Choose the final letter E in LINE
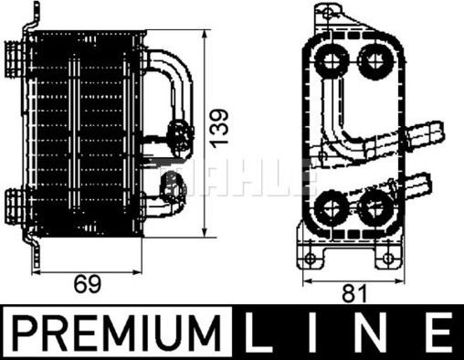point(438,334)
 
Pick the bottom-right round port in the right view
point(373,207)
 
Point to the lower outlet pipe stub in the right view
point(426,184)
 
